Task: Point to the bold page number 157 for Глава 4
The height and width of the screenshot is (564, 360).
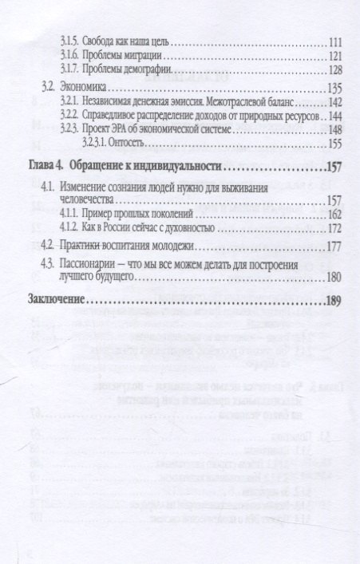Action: pyautogui.click(x=334, y=168)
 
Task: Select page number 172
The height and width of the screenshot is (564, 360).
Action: pyautogui.click(x=334, y=230)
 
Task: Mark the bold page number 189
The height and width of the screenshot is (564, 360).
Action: pyautogui.click(x=334, y=303)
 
